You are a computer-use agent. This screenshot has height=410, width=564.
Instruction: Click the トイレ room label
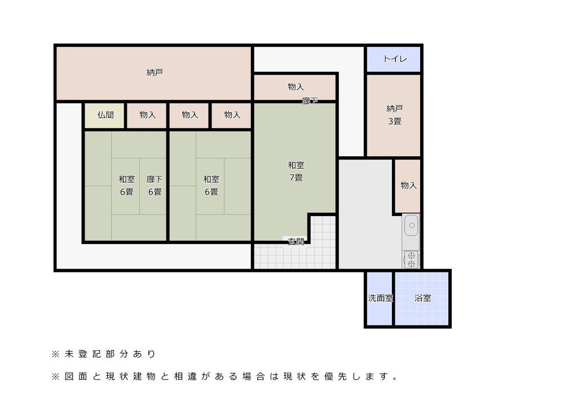coord(395,59)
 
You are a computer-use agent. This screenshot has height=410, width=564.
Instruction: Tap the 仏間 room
coord(105,115)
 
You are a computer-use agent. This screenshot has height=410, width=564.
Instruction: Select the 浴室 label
coord(422,298)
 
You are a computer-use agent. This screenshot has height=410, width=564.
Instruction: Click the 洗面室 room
coord(380,298)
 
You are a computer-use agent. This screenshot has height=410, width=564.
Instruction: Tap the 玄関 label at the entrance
coord(296,242)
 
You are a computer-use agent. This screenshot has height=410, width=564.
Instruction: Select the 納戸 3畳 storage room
coord(394,116)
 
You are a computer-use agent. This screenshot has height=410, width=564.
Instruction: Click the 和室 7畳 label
coord(296,171)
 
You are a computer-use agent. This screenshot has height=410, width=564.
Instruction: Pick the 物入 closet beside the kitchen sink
coord(408,186)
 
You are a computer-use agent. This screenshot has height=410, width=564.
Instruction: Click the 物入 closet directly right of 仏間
coord(147,115)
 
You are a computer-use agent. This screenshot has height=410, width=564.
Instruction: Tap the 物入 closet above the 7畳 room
coord(295,87)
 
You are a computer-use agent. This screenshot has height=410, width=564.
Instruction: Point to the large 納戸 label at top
coord(155,73)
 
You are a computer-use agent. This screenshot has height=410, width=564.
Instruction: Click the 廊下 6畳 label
coord(155,185)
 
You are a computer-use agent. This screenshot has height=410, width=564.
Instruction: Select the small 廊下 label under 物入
coord(310,101)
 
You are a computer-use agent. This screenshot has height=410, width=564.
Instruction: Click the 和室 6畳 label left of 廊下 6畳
coord(126,185)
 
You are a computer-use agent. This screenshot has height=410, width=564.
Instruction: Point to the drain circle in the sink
coord(412,226)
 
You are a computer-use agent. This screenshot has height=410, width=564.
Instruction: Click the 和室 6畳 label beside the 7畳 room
coord(211,185)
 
